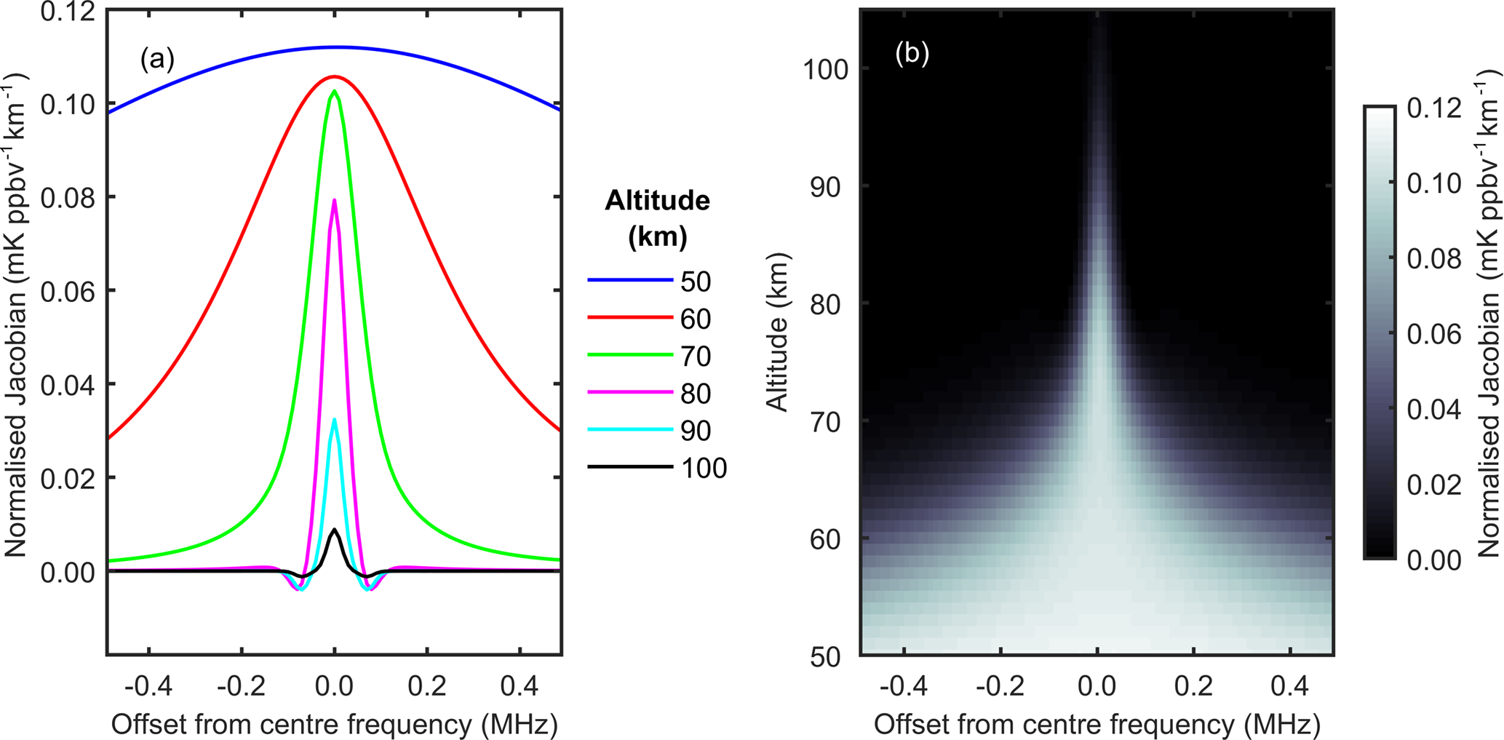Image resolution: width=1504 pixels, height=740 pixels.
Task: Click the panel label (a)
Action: (157, 59)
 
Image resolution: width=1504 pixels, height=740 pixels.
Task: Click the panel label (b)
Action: (912, 53)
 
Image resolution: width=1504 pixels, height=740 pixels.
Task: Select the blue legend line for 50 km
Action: (630, 280)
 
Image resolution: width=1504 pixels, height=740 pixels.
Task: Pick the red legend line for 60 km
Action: (630, 318)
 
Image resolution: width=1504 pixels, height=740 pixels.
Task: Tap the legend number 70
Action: (696, 357)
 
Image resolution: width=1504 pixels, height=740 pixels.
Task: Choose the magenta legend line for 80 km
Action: (630, 393)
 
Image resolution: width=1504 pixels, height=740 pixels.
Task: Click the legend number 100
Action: (704, 468)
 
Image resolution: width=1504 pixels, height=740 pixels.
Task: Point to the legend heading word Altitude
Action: (657, 200)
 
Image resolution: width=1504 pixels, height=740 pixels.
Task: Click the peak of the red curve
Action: (334, 76)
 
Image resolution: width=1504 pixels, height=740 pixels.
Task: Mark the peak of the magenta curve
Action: (335, 200)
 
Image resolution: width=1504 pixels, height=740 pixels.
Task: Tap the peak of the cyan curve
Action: (335, 420)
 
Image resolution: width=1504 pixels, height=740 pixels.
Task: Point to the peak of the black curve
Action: (334, 530)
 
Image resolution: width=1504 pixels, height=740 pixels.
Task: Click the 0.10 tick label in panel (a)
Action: (68, 105)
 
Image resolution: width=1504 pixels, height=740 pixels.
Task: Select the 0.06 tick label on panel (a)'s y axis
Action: (68, 292)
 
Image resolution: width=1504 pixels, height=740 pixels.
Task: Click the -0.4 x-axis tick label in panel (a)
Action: (148, 685)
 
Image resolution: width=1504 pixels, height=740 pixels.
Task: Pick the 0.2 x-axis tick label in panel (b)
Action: (1194, 685)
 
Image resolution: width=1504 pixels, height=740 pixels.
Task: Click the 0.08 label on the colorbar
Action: (1434, 259)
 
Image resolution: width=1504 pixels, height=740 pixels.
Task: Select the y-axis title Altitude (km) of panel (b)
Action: (778, 332)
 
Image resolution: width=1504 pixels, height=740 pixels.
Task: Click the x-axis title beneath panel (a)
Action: (334, 724)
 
